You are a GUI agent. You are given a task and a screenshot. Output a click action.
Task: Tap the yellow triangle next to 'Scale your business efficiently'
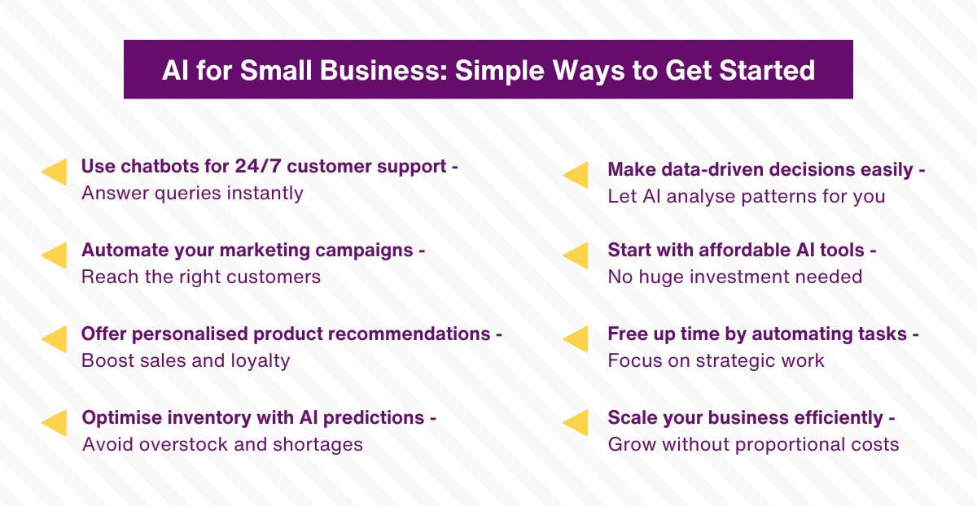[576, 423]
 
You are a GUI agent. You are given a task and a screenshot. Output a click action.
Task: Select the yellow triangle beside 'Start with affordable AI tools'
[576, 255]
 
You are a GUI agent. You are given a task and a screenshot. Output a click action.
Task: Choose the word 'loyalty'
[258, 360]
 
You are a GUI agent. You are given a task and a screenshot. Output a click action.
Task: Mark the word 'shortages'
[318, 445]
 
